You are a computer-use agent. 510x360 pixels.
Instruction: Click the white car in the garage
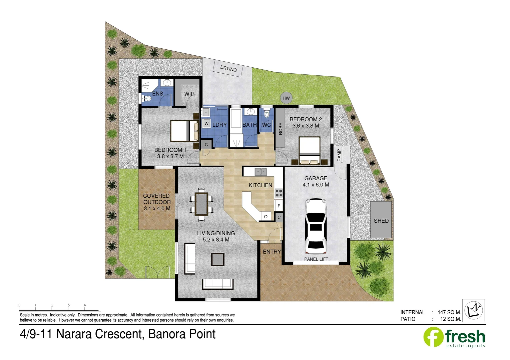pyautogui.click(x=315, y=226)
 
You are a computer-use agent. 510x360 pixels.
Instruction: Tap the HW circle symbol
pyautogui.click(x=286, y=98)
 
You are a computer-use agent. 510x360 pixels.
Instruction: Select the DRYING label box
pyautogui.click(x=228, y=69)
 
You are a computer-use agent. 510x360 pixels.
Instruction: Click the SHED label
pyautogui.click(x=381, y=221)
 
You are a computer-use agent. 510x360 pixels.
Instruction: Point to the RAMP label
pyautogui.click(x=340, y=155)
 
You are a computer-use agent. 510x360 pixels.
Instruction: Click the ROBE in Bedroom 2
pyautogui.click(x=280, y=128)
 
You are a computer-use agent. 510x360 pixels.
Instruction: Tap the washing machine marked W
pyautogui.click(x=206, y=124)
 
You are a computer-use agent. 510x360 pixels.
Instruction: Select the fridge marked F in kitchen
pyautogui.click(x=279, y=206)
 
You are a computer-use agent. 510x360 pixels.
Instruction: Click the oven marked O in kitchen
pyautogui.click(x=266, y=217)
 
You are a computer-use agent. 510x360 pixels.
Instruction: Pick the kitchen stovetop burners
pyautogui.click(x=279, y=193)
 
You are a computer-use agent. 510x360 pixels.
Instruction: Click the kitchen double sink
pyautogui.click(x=261, y=172)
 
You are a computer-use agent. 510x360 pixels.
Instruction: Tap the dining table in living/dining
pyautogui.click(x=201, y=204)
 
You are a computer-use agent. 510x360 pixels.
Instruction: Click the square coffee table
pyautogui.click(x=217, y=259)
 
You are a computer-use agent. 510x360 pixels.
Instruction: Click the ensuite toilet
pyautogui.click(x=147, y=98)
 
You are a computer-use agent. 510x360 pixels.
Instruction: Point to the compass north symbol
pyautogui.click(x=474, y=310)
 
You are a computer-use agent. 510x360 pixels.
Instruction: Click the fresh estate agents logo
pyautogui.click(x=454, y=337)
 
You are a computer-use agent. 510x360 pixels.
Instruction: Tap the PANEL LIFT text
pyautogui.click(x=316, y=259)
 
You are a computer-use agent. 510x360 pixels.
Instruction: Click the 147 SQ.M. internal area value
pyautogui.click(x=449, y=312)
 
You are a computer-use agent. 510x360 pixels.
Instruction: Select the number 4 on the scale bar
pyautogui.click(x=85, y=305)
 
